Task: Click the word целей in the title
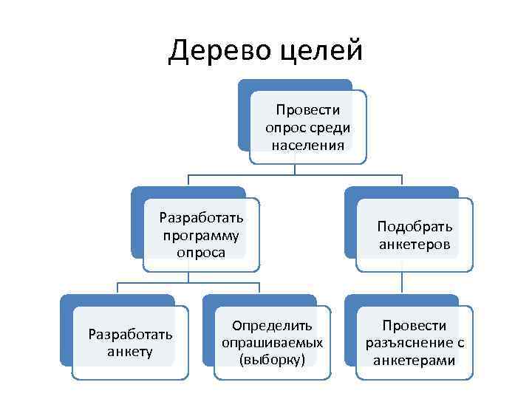tap(324, 50)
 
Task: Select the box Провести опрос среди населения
tap(307, 127)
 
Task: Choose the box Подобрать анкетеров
tap(414, 235)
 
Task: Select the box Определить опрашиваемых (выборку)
tap(272, 342)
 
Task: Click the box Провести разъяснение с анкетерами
tap(414, 342)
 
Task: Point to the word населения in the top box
tap(307, 144)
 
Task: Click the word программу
tap(201, 235)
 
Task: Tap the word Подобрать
tap(415, 226)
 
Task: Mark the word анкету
tap(130, 351)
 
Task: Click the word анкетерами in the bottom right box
tap(415, 360)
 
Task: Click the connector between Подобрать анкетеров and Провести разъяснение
tap(402, 282)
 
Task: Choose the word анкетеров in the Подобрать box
tap(415, 244)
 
